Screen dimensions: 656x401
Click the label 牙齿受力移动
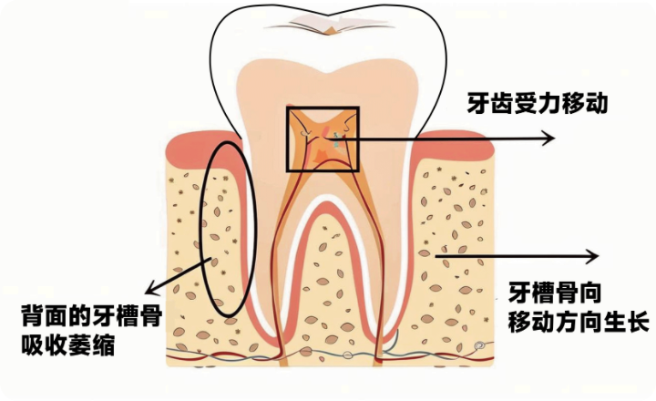coord(538,103)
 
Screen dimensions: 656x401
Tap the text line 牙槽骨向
coord(555,293)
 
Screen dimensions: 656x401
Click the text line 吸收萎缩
coord(68,345)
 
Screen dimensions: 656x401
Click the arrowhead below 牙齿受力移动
coord(548,139)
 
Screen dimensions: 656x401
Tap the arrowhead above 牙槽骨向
coord(592,256)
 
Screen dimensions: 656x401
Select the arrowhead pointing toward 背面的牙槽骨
coord(150,289)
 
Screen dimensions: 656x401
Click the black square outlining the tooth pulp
coord(287,139)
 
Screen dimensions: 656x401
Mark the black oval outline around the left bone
coord(201,230)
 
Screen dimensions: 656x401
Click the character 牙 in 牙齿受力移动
coord(478,103)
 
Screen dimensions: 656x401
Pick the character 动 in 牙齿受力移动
coord(596,103)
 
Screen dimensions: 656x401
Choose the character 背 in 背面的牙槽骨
coord(33,316)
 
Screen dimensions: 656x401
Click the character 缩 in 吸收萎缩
coord(104,345)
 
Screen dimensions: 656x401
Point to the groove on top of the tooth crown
coord(329,26)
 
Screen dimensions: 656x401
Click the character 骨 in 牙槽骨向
coord(567,293)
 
